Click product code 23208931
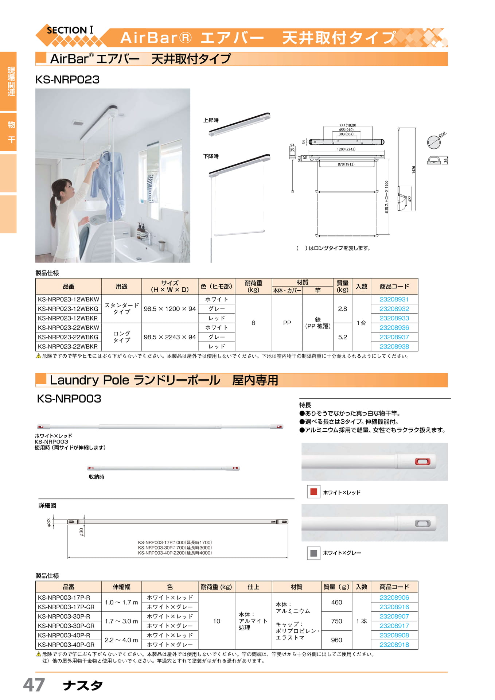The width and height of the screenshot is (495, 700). [x=394, y=299]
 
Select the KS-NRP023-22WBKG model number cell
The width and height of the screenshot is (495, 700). [x=68, y=337]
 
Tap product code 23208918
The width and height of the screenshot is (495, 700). [x=394, y=645]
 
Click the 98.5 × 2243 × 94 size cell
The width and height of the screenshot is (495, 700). [x=170, y=337]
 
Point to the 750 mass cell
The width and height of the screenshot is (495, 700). [x=336, y=621]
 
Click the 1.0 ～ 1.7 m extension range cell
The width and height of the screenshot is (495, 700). [x=121, y=602]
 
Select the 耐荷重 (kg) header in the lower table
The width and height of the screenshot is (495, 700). [x=217, y=587]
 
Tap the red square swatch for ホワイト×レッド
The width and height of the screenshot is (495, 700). [x=313, y=492]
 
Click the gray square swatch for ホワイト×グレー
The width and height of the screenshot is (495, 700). [x=313, y=553]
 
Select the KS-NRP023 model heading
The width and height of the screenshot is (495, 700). [x=67, y=79]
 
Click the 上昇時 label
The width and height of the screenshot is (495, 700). [x=211, y=120]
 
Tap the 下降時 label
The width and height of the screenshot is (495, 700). [x=211, y=156]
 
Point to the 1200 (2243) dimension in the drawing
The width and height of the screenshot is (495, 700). [x=346, y=149]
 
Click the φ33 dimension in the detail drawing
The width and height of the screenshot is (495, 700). [x=49, y=522]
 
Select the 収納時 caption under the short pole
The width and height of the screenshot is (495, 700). [x=97, y=477]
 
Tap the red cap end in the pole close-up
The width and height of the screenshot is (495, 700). [x=422, y=462]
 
